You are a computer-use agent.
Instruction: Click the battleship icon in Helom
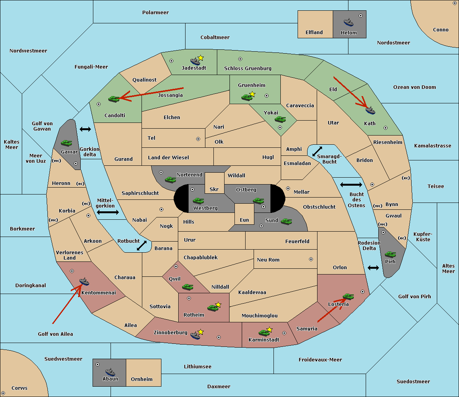coord(348,23)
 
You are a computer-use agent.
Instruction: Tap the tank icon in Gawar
coord(67,143)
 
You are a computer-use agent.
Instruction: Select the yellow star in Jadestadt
coord(201,58)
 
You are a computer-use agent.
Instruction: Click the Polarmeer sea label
coord(155,13)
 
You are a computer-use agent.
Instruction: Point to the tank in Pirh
coord(390,254)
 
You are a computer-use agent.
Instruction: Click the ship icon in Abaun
coord(110,372)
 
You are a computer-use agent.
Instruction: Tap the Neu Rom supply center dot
coord(311,259)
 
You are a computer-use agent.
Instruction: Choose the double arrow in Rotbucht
coord(142,245)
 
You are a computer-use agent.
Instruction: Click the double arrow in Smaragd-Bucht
coord(317,151)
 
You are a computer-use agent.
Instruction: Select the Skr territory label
coord(214,189)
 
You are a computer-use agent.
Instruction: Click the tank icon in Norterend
coord(170,180)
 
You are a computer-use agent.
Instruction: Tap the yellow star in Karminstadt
coord(269,329)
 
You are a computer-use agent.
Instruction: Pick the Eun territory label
coord(244,220)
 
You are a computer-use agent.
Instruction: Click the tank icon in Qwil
coord(188,287)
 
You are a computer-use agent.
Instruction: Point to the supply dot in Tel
coord(198,139)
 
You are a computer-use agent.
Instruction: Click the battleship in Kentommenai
coord(84,281)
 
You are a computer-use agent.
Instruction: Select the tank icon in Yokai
coord(280,119)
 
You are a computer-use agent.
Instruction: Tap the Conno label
coord(441,29)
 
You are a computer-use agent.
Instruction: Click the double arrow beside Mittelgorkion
coord(108,212)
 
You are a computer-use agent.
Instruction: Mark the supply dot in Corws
coord(3,393)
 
